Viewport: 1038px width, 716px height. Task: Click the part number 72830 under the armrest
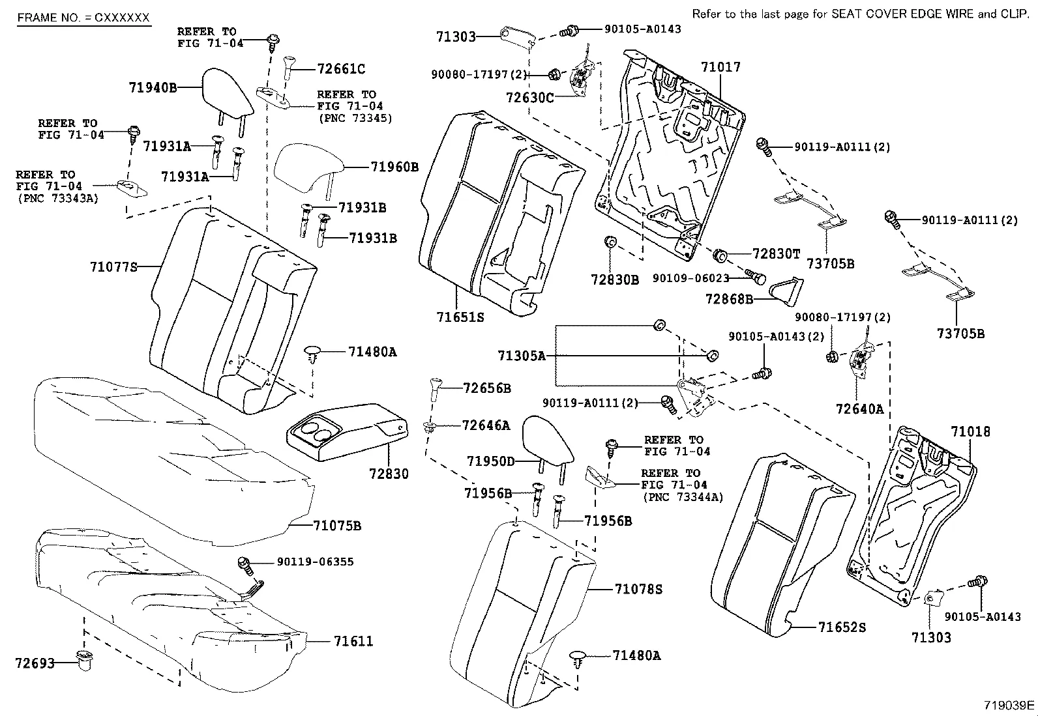click(387, 474)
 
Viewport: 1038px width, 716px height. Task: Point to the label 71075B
click(336, 525)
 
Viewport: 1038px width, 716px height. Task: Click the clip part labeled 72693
click(83, 661)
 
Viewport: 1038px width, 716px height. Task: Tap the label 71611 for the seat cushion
click(353, 642)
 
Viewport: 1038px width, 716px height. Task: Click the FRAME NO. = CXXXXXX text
click(83, 18)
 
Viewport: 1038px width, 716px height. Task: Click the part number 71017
click(720, 66)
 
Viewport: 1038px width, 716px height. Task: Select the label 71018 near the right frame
click(970, 431)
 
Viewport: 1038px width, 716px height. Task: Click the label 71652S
click(842, 627)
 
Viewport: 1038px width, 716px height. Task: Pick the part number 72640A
click(859, 409)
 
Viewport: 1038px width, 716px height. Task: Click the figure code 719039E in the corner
click(1009, 705)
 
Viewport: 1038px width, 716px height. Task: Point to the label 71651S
click(460, 317)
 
